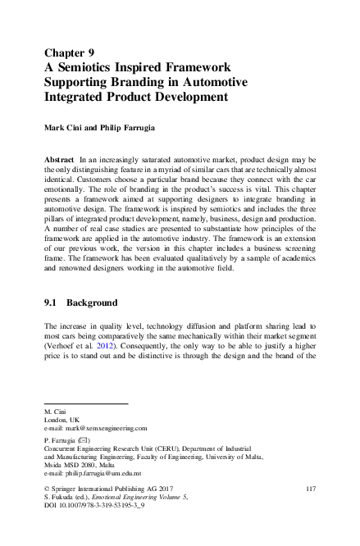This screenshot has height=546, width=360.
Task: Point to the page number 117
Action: click(310, 489)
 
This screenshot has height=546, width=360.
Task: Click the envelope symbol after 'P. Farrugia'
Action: click(86, 440)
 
